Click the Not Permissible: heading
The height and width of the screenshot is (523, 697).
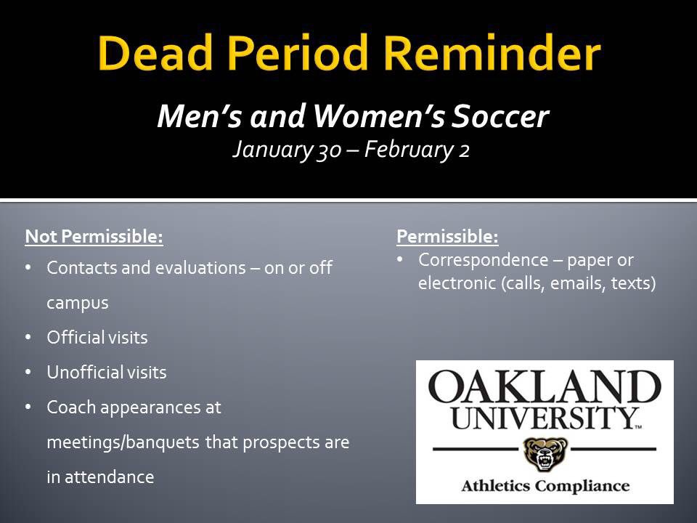click(94, 237)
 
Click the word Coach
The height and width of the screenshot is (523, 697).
click(70, 408)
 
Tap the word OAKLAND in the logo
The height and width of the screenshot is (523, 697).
click(545, 386)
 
